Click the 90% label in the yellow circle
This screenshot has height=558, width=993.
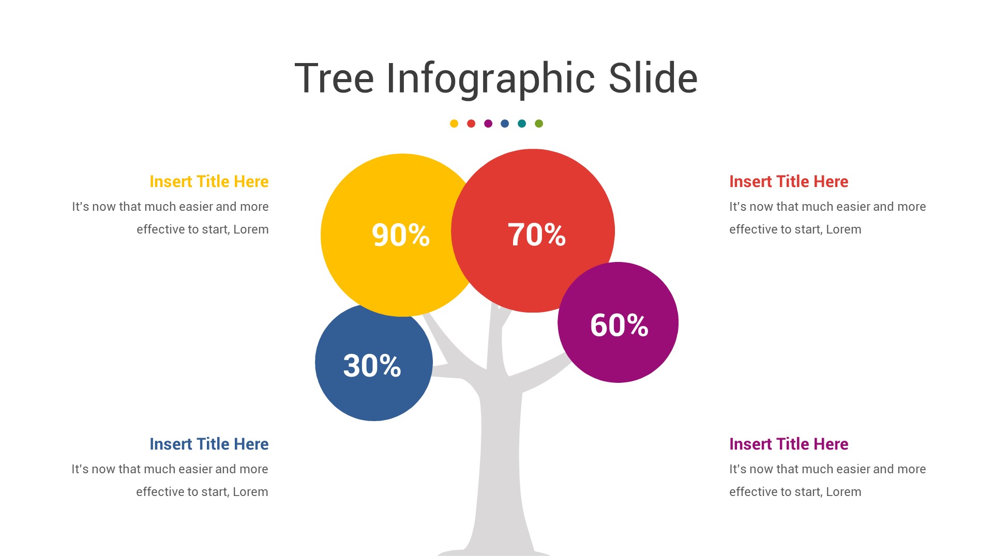pyautogui.click(x=401, y=235)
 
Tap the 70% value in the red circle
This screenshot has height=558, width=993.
pyautogui.click(x=537, y=235)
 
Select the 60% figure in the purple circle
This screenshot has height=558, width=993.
pyautogui.click(x=619, y=326)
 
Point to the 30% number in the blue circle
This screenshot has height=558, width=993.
pyautogui.click(x=372, y=366)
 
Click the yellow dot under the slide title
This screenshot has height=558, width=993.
pyautogui.click(x=454, y=123)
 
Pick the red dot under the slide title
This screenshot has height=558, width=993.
pyautogui.click(x=471, y=123)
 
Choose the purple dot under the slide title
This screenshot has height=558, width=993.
pyautogui.click(x=488, y=123)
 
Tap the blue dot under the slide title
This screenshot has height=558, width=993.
pyautogui.click(x=505, y=123)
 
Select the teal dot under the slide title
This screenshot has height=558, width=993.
pyautogui.click(x=522, y=123)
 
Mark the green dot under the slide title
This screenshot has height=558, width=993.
pyautogui.click(x=539, y=123)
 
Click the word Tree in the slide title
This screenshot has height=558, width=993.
pyautogui.click(x=334, y=79)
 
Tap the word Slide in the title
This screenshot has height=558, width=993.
pyautogui.click(x=653, y=78)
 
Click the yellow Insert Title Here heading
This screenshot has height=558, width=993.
pyautogui.click(x=209, y=182)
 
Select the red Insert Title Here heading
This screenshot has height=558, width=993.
pyautogui.click(x=789, y=182)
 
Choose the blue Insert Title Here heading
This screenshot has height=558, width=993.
pyautogui.click(x=209, y=444)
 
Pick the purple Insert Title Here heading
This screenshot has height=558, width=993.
pyautogui.click(x=789, y=444)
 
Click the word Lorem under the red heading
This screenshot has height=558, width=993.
pyautogui.click(x=844, y=229)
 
